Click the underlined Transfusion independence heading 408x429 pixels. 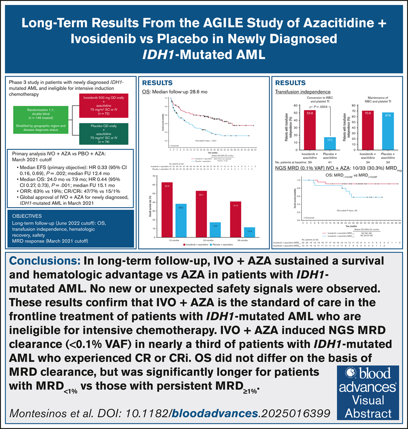297,91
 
